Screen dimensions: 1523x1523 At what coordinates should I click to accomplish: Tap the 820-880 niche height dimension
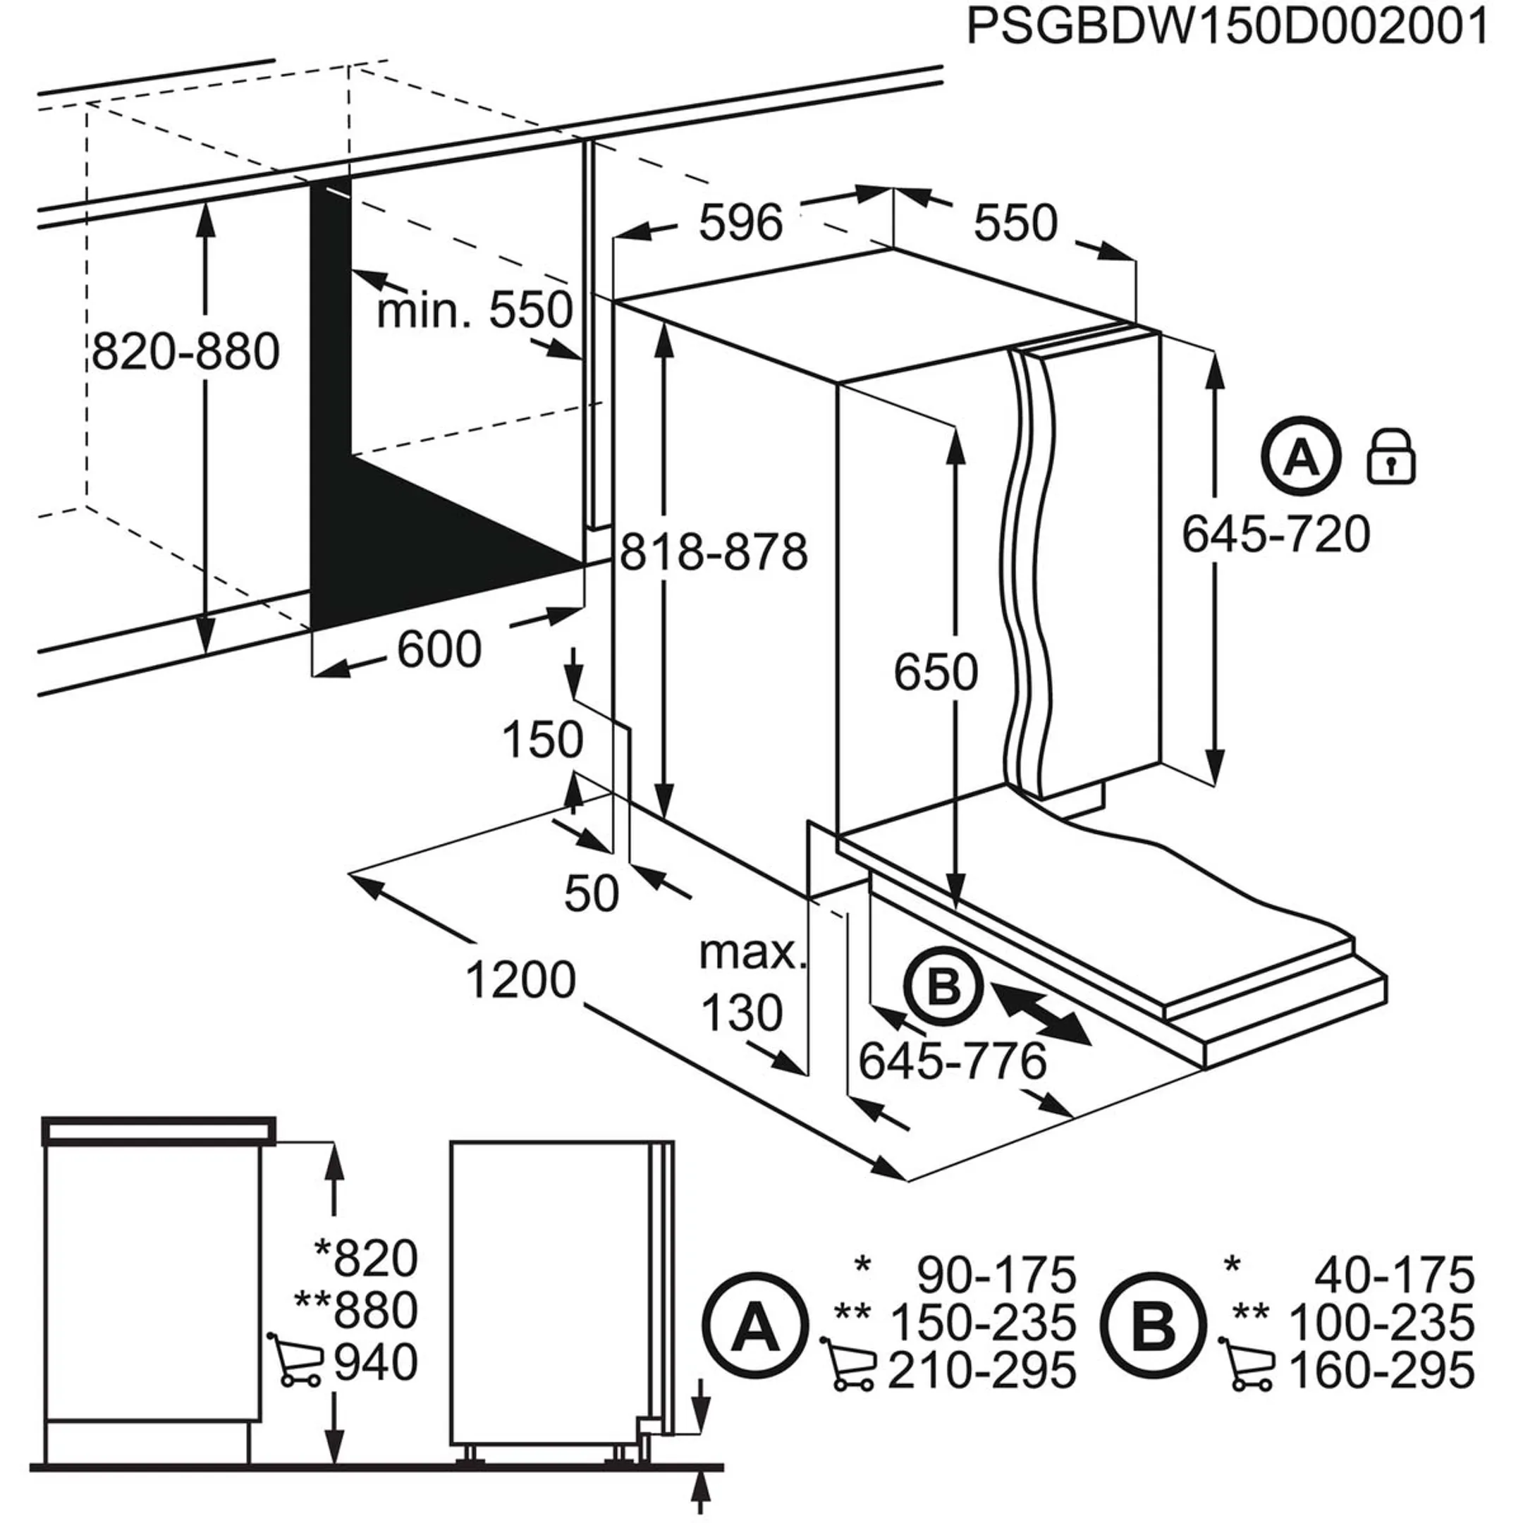tap(185, 352)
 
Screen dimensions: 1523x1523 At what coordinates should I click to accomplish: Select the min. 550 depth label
tap(474, 310)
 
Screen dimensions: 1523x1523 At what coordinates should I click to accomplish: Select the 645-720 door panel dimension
tap(1276, 534)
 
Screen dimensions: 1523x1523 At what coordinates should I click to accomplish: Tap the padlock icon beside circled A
tap(1390, 456)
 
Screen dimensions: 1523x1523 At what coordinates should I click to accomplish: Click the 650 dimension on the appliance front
tap(935, 673)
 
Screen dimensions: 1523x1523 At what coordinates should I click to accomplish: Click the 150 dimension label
tap(542, 740)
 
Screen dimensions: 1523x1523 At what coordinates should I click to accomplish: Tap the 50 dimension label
tap(592, 894)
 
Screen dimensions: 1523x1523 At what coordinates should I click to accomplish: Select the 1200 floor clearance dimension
tap(520, 981)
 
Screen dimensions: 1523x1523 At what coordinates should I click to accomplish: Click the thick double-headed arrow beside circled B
tap(1043, 1011)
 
